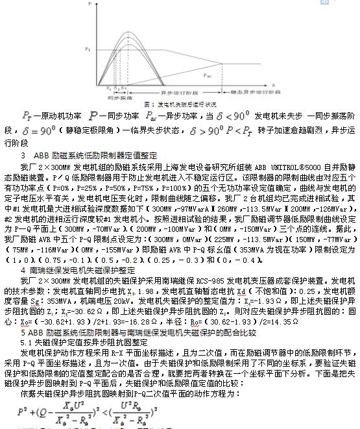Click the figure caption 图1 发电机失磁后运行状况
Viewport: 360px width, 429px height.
point(180,104)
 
